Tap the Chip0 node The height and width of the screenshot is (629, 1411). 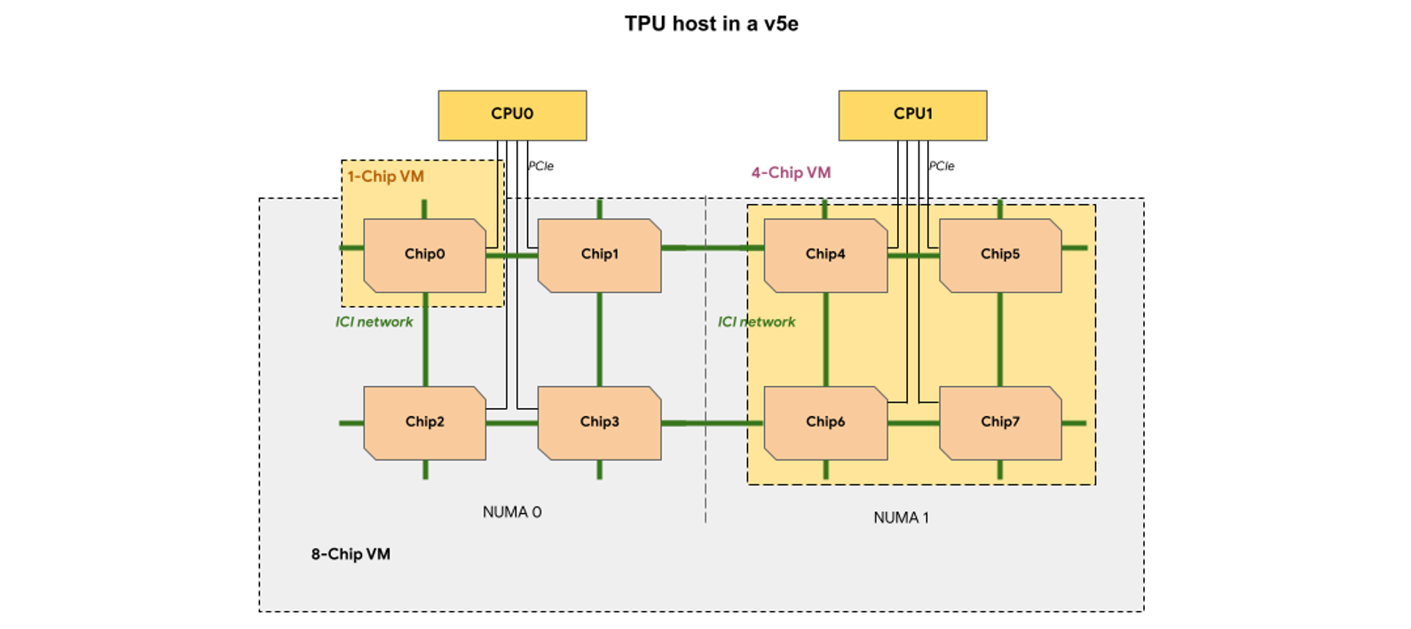coord(424,255)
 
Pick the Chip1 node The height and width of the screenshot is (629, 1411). coord(599,255)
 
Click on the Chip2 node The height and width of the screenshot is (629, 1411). coord(424,422)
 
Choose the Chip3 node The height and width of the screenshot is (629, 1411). coord(599,422)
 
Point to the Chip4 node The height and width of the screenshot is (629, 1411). coord(824,255)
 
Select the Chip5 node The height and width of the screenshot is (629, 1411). coord(1000,255)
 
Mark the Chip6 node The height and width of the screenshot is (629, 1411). coord(824,422)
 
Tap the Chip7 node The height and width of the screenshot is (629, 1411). coord(1000,422)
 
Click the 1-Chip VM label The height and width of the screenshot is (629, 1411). coord(385,177)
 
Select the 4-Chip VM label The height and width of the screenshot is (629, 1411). coord(791,173)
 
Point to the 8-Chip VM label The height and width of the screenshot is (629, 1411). coord(351,554)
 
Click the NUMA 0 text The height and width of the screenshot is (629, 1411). coord(512,512)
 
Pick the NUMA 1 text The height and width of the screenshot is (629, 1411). coord(901,518)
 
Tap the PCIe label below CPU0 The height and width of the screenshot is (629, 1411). coord(541,166)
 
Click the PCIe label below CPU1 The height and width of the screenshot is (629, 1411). coord(942,166)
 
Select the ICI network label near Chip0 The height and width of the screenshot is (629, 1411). coord(374,322)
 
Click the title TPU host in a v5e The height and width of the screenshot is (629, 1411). coord(711,24)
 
